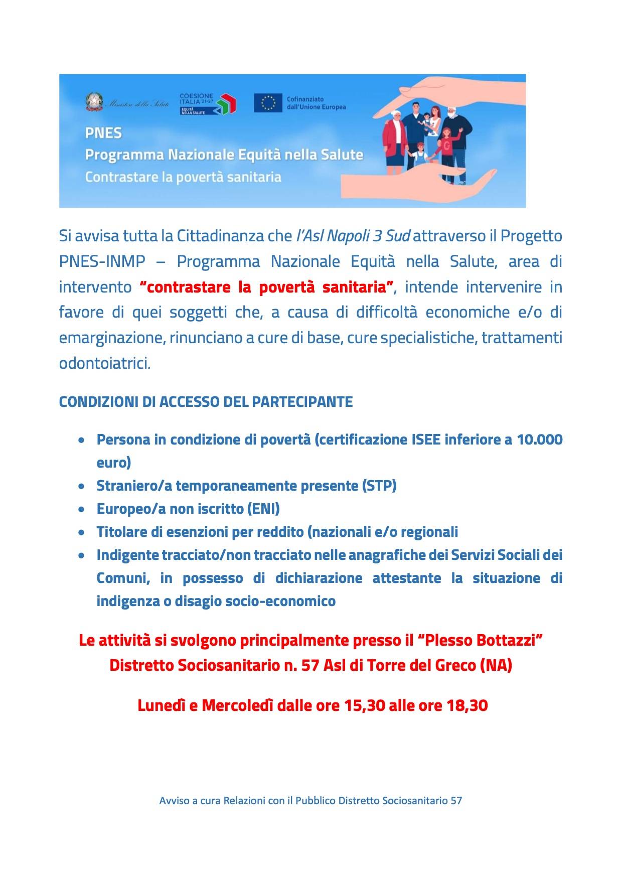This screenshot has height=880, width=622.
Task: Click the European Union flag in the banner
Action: [268, 103]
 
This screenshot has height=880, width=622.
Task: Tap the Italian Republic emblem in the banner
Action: [92, 102]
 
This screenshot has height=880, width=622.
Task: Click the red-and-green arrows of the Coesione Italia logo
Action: [226, 103]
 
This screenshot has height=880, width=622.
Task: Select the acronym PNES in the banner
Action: [103, 133]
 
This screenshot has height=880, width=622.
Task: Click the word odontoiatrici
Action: [104, 363]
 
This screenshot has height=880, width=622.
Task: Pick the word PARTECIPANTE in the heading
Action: [302, 402]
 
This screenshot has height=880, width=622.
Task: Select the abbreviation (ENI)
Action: [263, 509]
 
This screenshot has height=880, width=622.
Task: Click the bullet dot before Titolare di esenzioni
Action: [81, 532]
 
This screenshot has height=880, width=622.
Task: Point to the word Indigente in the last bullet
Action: [127, 555]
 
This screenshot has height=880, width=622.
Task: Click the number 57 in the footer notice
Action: [456, 801]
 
